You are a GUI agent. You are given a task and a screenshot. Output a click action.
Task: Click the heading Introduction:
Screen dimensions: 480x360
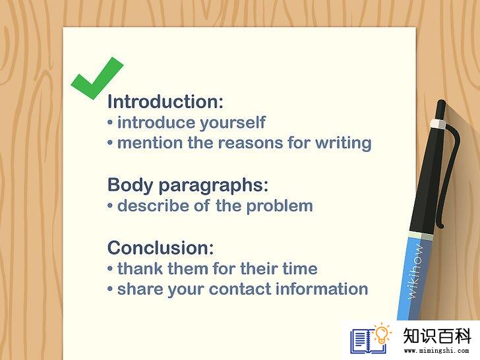(x=165, y=102)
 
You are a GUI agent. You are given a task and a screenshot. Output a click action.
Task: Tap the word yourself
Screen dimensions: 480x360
(x=233, y=123)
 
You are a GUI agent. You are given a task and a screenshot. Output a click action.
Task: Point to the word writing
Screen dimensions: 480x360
(x=344, y=143)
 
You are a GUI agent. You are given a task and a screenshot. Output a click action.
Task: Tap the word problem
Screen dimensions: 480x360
(x=280, y=206)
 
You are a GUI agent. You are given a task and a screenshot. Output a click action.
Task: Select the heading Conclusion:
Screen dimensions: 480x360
(x=161, y=248)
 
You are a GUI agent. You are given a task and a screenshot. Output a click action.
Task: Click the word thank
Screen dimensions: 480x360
(x=140, y=268)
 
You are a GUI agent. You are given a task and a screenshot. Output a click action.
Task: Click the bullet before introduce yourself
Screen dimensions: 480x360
(x=110, y=123)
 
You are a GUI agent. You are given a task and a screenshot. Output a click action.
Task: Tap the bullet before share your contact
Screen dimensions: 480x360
(x=110, y=289)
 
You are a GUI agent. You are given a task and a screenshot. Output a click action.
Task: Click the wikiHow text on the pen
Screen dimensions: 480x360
(x=415, y=271)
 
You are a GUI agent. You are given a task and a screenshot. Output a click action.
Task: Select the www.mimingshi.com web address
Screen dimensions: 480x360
(x=436, y=350)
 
